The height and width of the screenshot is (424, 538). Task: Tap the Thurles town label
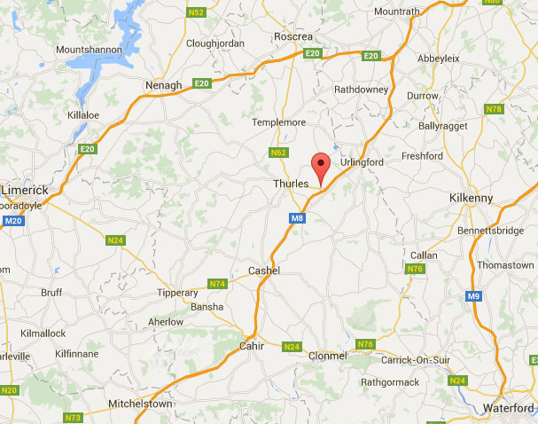point(290,184)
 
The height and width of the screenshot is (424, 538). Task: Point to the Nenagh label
point(162,85)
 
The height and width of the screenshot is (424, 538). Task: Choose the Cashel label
point(264,271)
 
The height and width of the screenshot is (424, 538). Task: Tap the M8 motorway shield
point(297,217)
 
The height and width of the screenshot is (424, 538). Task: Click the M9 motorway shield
point(474,296)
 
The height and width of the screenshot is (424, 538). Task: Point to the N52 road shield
point(197,12)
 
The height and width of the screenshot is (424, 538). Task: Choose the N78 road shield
point(494,109)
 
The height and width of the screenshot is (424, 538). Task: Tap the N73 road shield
point(73,417)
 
